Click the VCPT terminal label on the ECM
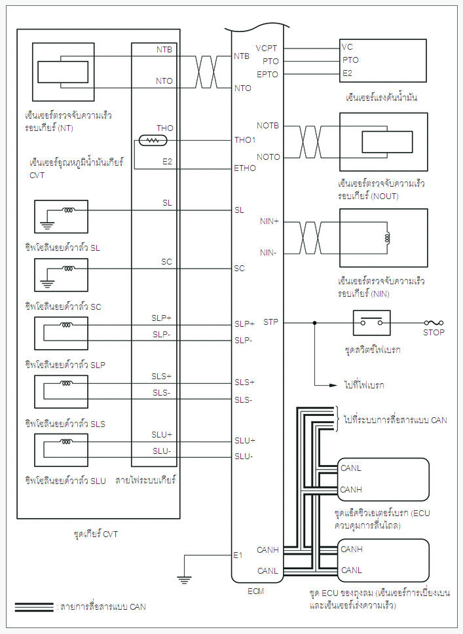pyautogui.click(x=267, y=48)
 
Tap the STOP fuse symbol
pyautogui.click(x=434, y=323)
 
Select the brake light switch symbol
pyautogui.click(x=371, y=322)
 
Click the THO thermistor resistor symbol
pyautogui.click(x=153, y=140)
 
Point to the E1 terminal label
pyautogui.click(x=238, y=555)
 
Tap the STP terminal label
pyautogui.click(x=271, y=322)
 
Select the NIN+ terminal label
pyautogui.click(x=269, y=222)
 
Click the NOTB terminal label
pyautogui.click(x=268, y=125)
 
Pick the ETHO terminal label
pyautogui.click(x=245, y=168)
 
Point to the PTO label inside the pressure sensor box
pyautogui.click(x=350, y=60)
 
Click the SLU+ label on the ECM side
pyautogui.click(x=244, y=440)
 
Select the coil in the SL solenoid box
pyautogui.click(x=68, y=210)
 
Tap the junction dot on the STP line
pyautogui.click(x=315, y=323)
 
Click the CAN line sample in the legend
pyautogui.click(x=33, y=607)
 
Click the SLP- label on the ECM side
pyautogui.click(x=244, y=340)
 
